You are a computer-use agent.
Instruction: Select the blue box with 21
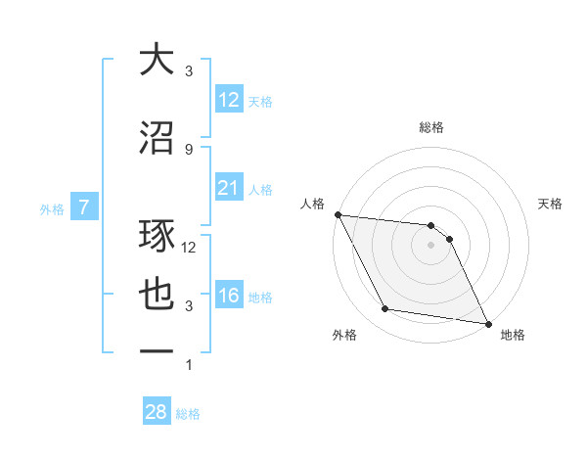[x=228, y=187]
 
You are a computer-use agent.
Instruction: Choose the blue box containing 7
[x=84, y=207]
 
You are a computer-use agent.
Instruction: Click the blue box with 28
[x=156, y=412]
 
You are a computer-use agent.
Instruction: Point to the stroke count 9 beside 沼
[x=189, y=149]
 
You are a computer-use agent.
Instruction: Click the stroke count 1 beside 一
[x=189, y=365]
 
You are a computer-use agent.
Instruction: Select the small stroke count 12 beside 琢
[x=189, y=248]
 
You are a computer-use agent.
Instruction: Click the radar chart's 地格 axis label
[x=513, y=335]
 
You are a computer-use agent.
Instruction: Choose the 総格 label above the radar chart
[x=431, y=127]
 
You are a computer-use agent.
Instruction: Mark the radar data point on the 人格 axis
[x=338, y=214]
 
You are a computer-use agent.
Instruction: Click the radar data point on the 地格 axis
[x=487, y=323]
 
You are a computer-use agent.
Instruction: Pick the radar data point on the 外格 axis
[x=385, y=309]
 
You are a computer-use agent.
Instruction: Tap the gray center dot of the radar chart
[x=431, y=245]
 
